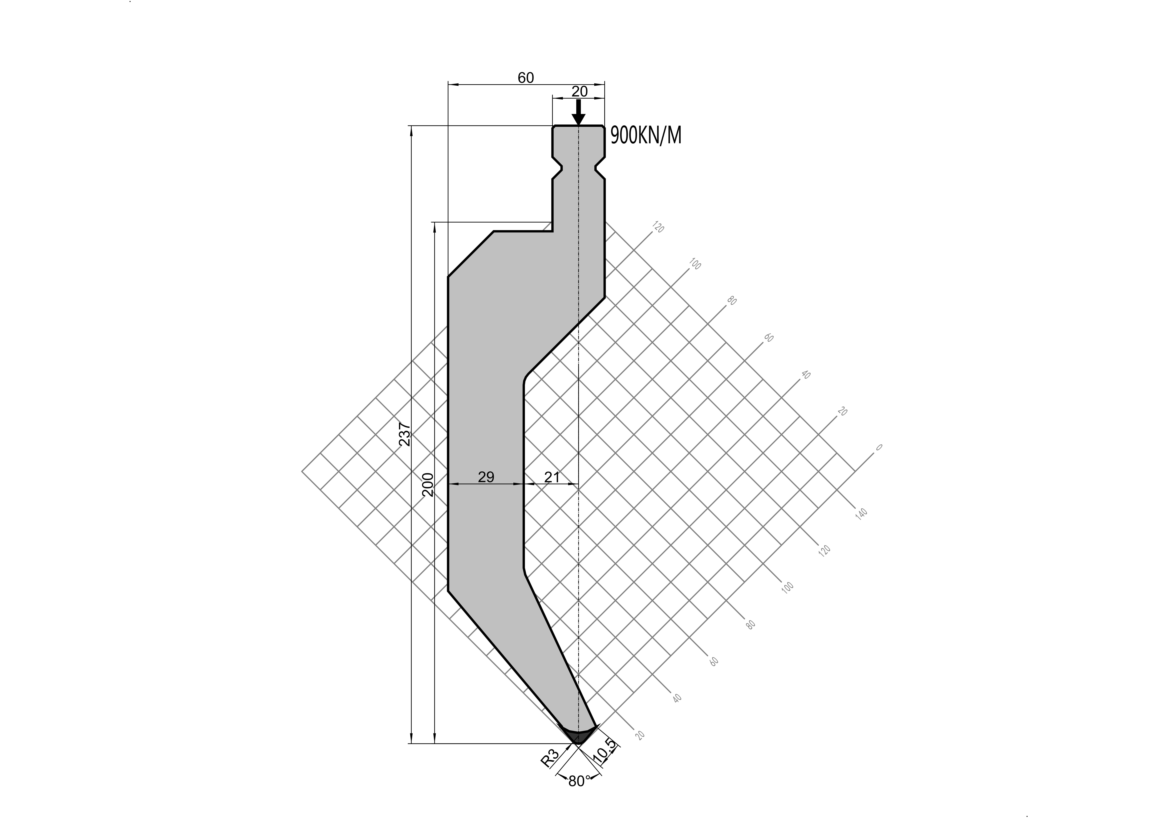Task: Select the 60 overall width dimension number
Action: tap(526, 78)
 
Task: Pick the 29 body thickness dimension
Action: tap(486, 476)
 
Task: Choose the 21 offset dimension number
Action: tap(552, 476)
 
